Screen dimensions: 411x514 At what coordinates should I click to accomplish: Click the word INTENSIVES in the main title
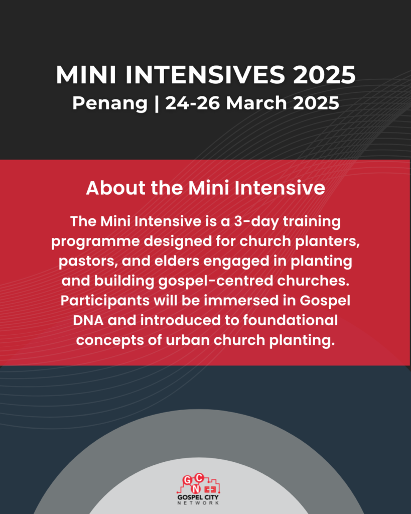(205, 75)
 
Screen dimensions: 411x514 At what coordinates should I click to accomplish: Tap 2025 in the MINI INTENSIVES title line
(324, 75)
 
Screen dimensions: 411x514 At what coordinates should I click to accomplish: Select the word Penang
(110, 104)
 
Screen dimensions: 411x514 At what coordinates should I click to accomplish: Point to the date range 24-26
(192, 103)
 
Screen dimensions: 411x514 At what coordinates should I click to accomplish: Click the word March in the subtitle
(256, 103)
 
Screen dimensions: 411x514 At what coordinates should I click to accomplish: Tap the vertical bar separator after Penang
(157, 103)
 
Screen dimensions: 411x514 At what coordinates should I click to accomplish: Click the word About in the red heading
(115, 188)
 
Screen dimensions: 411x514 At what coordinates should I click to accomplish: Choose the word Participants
(105, 301)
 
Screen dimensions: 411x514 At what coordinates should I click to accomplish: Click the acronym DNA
(88, 320)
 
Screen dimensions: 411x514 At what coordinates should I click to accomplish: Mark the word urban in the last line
(188, 340)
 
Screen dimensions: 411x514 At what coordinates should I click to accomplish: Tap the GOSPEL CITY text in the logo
(198, 497)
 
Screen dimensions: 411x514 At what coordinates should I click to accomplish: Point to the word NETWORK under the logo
(198, 503)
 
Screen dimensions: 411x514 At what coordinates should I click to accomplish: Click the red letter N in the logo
(196, 489)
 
